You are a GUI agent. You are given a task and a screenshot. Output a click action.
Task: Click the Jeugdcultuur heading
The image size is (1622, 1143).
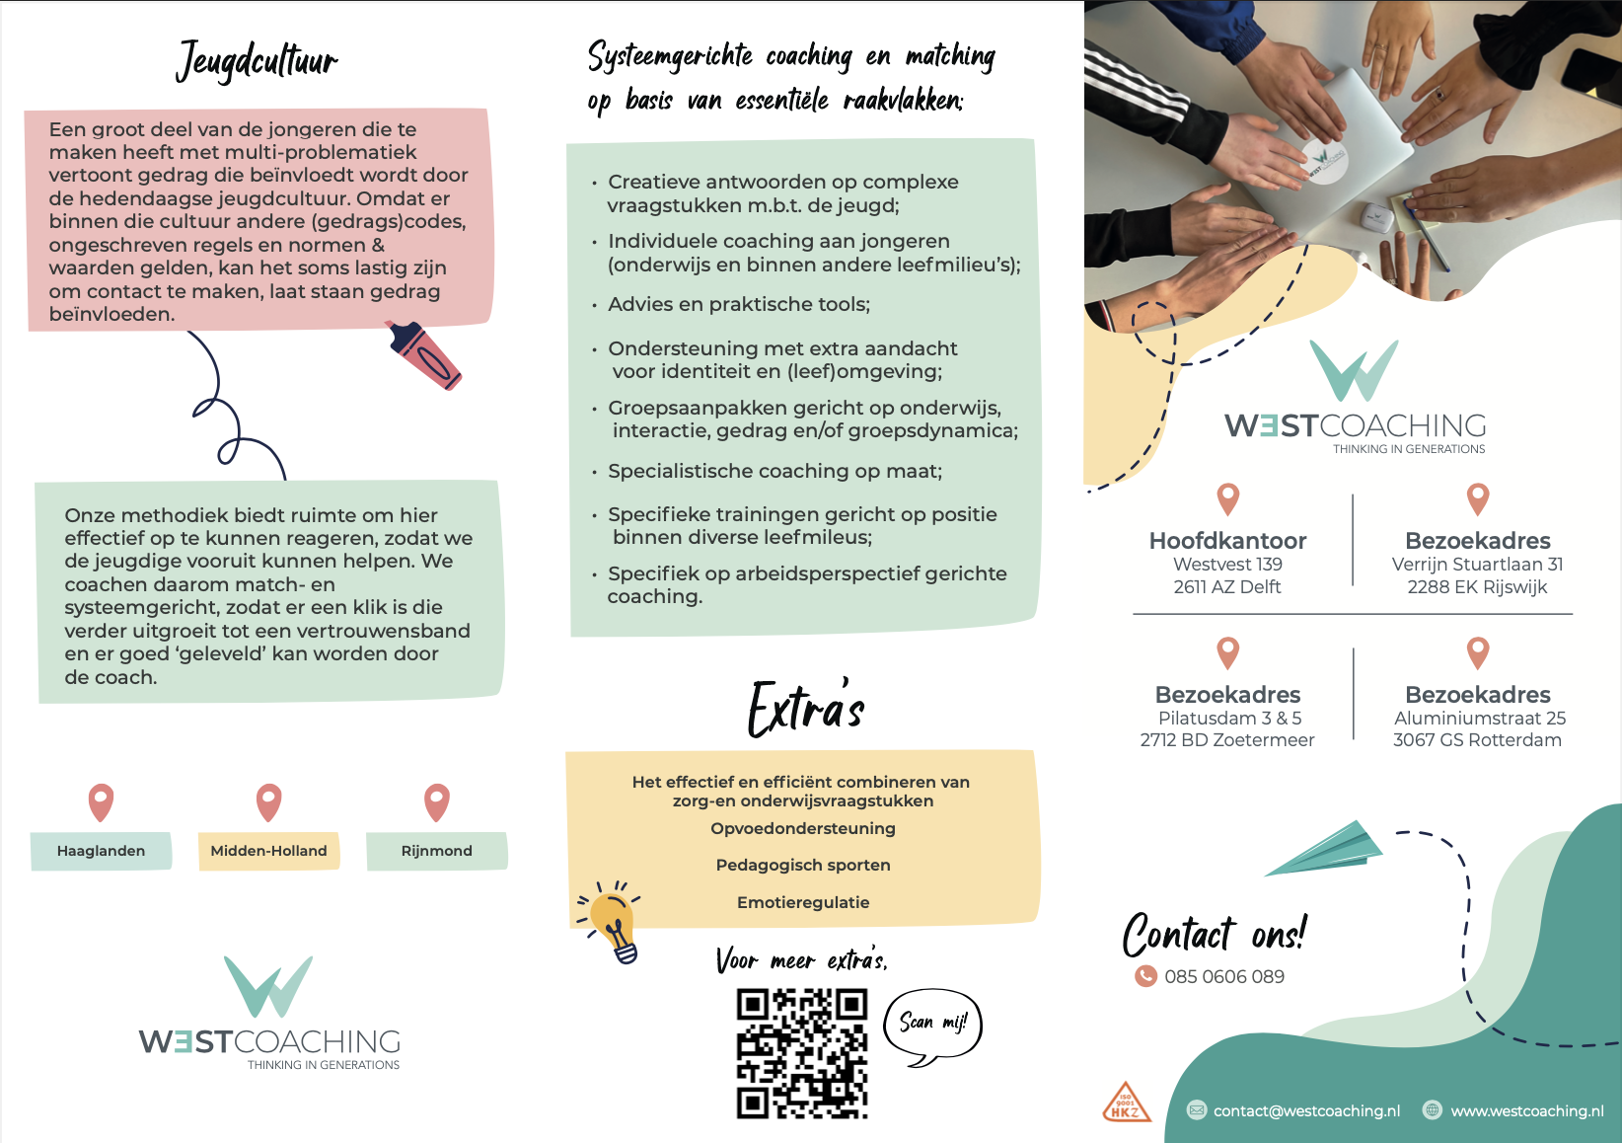[x=258, y=61]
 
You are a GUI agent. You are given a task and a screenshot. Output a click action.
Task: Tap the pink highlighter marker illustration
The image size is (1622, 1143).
[x=423, y=355]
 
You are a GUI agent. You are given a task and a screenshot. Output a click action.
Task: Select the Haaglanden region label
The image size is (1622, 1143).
[x=101, y=851]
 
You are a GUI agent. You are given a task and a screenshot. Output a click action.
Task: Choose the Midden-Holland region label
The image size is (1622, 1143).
[x=268, y=851]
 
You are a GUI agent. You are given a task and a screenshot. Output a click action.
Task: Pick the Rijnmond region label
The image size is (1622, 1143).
[x=437, y=851]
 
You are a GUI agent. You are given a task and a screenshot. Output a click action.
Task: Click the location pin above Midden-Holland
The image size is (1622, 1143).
[x=268, y=802]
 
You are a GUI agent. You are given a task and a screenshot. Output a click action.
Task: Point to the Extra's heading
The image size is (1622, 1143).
[x=806, y=709]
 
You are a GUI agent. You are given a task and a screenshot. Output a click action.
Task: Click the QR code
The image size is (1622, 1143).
[x=802, y=1054]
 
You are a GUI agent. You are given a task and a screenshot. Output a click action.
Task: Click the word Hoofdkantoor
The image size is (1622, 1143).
[x=1227, y=540]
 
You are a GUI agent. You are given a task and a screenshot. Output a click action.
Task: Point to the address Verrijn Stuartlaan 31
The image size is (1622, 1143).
[x=1477, y=565]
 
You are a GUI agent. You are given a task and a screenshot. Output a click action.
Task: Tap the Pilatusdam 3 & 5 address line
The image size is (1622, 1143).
[x=1229, y=718]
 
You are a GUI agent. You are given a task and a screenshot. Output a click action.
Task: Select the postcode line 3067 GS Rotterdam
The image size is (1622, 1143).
[x=1477, y=740]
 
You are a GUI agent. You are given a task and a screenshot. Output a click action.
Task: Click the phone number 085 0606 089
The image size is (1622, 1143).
[x=1224, y=976]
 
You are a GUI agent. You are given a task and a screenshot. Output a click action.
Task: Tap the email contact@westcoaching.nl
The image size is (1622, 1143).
[x=1306, y=1111]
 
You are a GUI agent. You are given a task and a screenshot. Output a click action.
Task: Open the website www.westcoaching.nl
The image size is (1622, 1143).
[x=1527, y=1111]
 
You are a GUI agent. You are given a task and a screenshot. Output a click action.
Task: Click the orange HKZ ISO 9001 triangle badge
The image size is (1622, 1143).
[x=1126, y=1103]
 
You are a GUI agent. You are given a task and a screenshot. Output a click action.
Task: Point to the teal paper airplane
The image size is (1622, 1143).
[x=1325, y=850]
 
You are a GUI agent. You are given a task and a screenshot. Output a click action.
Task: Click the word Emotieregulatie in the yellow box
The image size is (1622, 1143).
[x=803, y=902]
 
